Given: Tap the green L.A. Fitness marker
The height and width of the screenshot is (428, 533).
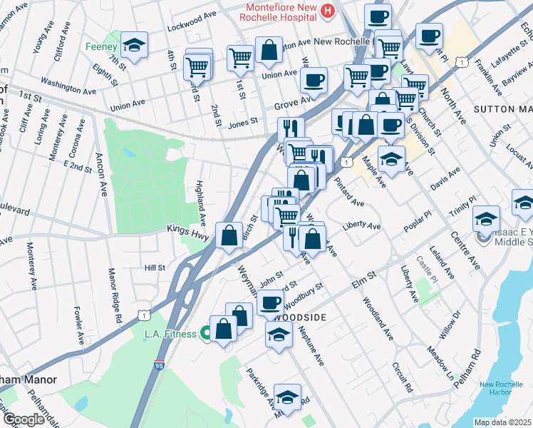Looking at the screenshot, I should (206, 333).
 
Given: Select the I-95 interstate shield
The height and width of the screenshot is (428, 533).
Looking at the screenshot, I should (160, 365).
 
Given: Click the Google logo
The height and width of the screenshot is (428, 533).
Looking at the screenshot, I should (24, 419).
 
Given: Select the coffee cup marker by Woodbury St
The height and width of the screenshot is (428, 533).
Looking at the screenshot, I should (270, 302).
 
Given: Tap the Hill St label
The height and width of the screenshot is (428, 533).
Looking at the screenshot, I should (155, 267).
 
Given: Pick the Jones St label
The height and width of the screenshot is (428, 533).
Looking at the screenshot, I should (242, 123).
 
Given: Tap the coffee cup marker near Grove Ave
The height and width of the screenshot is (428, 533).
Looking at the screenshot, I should (314, 81).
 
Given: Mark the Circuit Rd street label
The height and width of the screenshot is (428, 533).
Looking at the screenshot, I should (403, 378).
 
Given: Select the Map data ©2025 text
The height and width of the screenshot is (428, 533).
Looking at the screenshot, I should (503, 422).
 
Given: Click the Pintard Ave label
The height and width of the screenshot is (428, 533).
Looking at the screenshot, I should (348, 190).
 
